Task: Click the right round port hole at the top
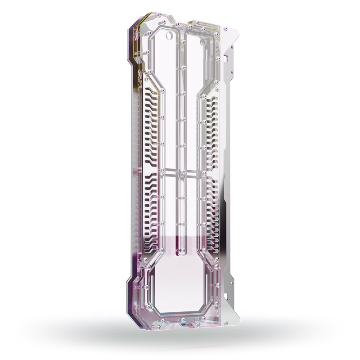click(x=203, y=42)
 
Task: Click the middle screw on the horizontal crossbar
click(x=183, y=171)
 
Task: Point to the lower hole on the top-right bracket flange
click(x=231, y=72)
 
